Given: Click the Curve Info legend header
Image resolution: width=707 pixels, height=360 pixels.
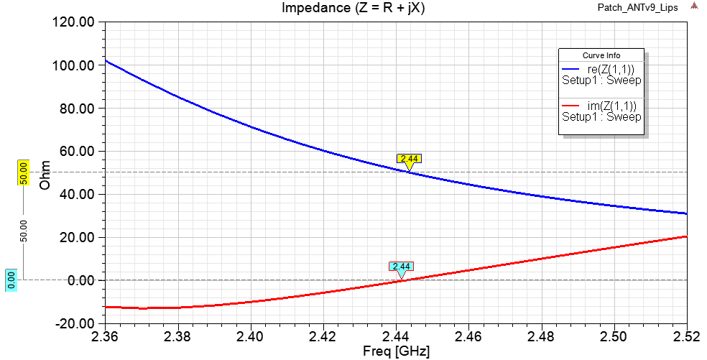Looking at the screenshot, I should pos(601,55).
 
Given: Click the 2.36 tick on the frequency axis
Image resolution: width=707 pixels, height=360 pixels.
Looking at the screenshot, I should pos(105,336).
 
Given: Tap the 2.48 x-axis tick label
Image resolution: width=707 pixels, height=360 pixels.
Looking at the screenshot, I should pos(541,336).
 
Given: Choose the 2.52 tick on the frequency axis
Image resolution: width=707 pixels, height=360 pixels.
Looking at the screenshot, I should pos(685,336).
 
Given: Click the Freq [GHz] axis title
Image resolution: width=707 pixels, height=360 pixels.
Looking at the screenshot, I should pos(396,352).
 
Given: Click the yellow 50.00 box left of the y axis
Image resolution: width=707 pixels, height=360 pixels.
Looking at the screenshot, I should pos(23,173).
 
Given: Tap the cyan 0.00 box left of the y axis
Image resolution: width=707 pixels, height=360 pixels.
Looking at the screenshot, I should pos(11,280).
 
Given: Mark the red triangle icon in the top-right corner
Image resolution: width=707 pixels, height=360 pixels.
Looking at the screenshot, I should pos(694,6).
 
